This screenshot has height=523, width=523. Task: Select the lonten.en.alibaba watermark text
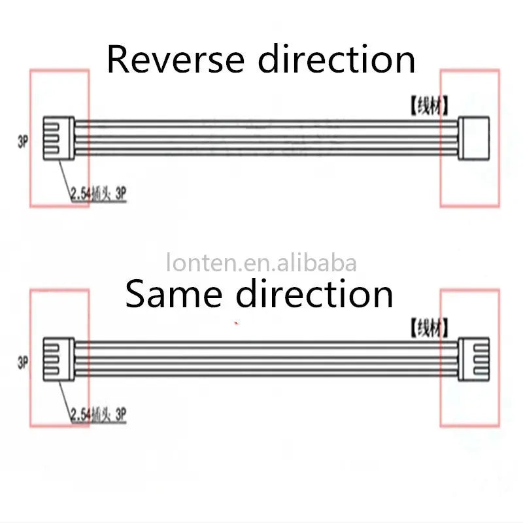pyautogui.click(x=261, y=263)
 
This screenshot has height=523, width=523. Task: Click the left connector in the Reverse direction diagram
pyautogui.click(x=58, y=138)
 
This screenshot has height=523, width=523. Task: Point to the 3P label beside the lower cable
pyautogui.click(x=23, y=361)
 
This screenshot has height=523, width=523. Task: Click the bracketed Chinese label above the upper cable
pyautogui.click(x=429, y=106)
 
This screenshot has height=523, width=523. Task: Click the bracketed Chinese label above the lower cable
pyautogui.click(x=429, y=327)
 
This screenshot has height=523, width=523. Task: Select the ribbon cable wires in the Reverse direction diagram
pyautogui.click(x=261, y=138)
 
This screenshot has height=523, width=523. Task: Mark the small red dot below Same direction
pyautogui.click(x=236, y=322)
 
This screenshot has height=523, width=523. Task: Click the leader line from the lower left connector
pyautogui.click(x=64, y=394)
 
